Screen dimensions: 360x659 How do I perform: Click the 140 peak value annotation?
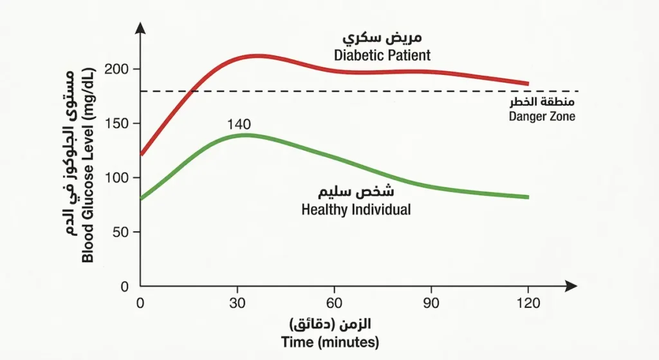tap(239, 124)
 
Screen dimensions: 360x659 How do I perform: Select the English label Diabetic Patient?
tap(382, 55)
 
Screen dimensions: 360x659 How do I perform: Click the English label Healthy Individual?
tap(355, 210)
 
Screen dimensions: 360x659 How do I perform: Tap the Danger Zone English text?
tap(542, 117)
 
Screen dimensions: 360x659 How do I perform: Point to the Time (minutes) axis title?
tap(330, 342)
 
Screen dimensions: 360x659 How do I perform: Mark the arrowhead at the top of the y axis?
tap(141, 29)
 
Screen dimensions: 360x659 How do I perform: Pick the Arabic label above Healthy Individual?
tap(357, 193)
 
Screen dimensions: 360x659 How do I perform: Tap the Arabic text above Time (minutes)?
tap(331, 323)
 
